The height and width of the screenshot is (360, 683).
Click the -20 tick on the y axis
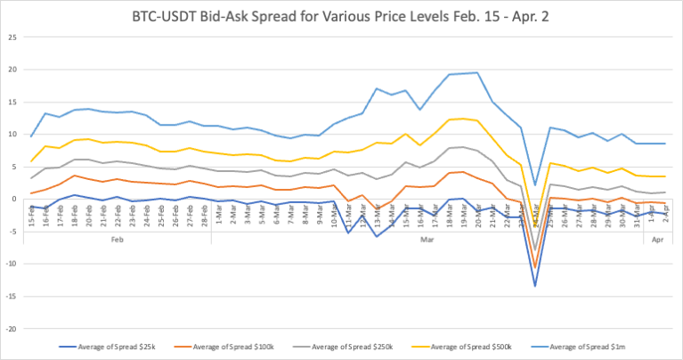click(x=11, y=328)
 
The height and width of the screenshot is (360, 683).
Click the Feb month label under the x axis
click(x=118, y=240)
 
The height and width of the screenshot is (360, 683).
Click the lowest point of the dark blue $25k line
click(x=534, y=286)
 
